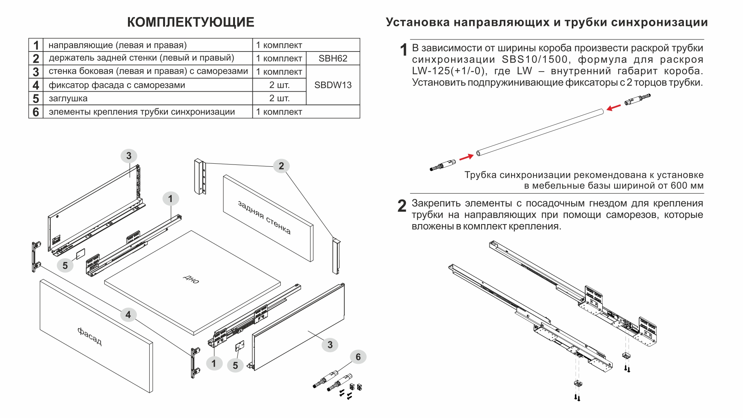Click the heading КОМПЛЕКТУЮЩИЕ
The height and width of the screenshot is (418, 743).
[191, 22]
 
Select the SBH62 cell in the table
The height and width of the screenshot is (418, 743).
[333, 58]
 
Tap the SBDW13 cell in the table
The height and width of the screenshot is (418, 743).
[333, 85]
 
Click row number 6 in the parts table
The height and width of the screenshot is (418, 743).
[36, 112]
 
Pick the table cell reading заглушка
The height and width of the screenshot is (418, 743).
[68, 98]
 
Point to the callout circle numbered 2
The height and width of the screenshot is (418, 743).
[281, 166]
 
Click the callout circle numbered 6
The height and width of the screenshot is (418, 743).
[358, 357]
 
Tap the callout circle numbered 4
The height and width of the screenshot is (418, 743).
[128, 315]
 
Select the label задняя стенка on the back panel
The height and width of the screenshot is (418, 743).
[264, 218]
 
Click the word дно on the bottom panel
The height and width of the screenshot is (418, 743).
[191, 279]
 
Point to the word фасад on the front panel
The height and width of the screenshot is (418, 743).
[90, 336]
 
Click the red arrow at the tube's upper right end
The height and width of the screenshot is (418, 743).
[613, 108]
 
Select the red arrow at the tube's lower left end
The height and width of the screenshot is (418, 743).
[466, 157]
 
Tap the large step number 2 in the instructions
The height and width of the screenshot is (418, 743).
[402, 206]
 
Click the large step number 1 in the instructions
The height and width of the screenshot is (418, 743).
[404, 50]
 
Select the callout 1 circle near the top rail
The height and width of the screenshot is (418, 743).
[170, 199]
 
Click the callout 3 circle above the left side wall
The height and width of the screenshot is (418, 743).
[129, 156]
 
